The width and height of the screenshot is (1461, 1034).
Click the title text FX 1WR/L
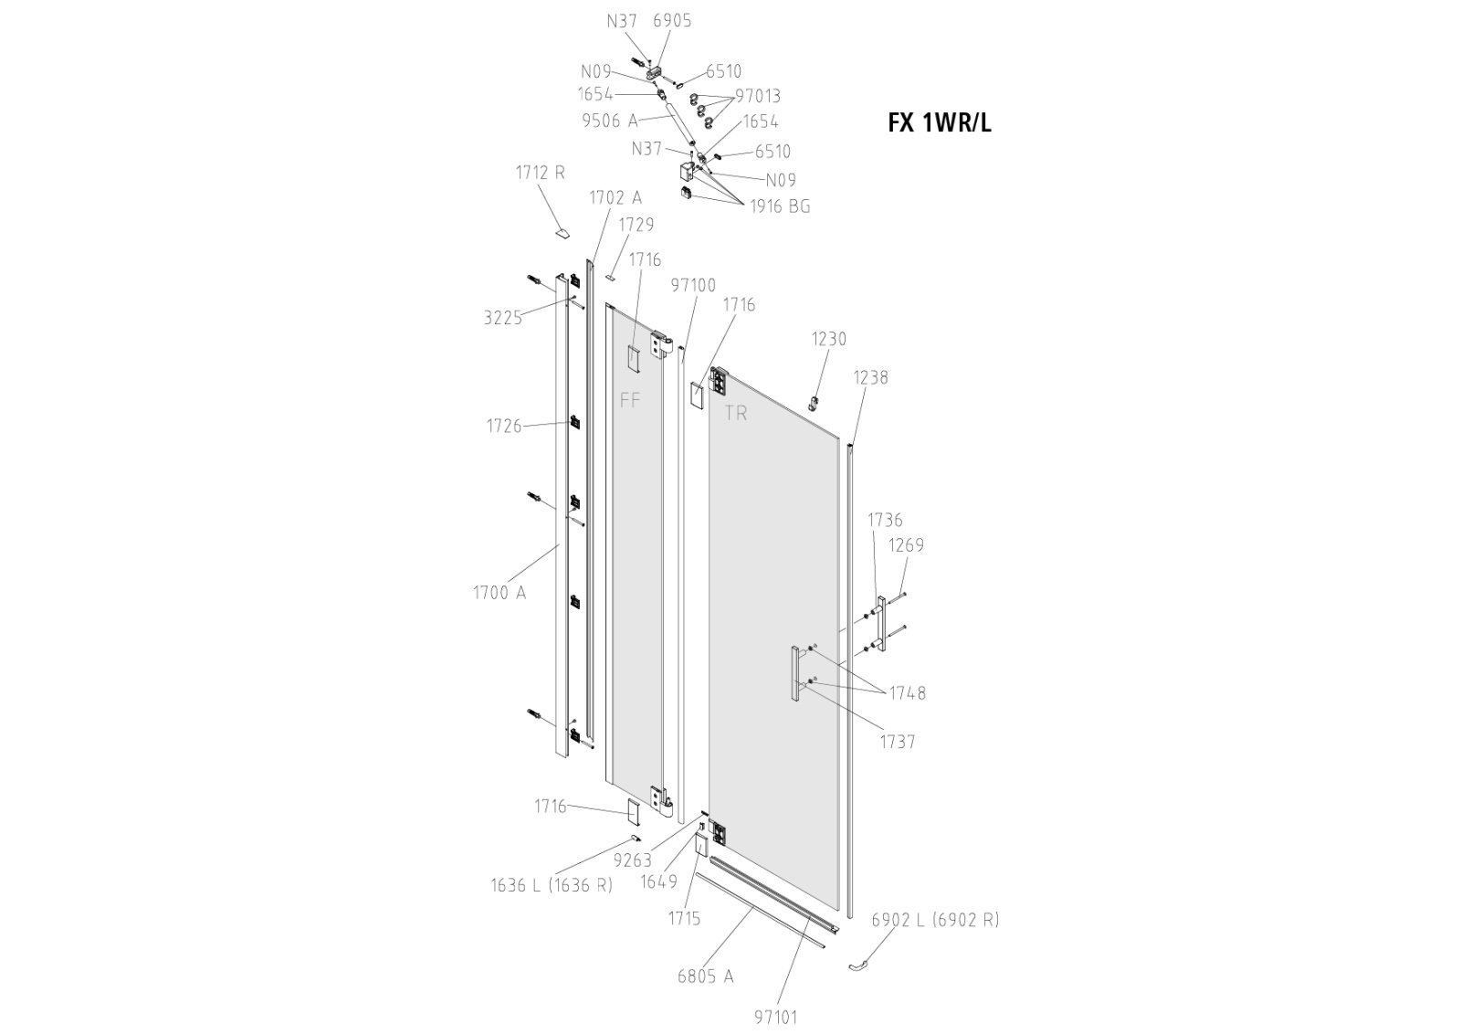(x=939, y=122)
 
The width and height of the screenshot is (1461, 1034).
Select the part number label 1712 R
(x=541, y=172)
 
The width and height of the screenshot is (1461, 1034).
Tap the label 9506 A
(x=610, y=120)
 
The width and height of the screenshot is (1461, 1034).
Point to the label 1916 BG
(x=780, y=206)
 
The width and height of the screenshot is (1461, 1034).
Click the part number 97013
(x=758, y=96)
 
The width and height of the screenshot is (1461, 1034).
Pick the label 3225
(x=502, y=318)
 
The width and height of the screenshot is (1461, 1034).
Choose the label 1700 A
(x=499, y=593)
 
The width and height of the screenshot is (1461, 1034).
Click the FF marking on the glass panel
(x=630, y=400)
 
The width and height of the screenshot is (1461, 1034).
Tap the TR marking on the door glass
(x=736, y=413)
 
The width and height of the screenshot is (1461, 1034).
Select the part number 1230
(x=829, y=339)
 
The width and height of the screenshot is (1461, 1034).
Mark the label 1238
(x=870, y=377)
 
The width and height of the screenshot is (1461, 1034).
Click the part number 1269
(x=906, y=545)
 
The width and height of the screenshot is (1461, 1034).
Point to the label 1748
(x=908, y=693)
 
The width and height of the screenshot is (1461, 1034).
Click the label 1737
(x=897, y=742)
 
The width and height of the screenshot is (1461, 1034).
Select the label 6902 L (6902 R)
(x=935, y=920)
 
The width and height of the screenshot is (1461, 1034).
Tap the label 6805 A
(x=705, y=976)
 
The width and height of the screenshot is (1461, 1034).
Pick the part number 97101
(x=776, y=1017)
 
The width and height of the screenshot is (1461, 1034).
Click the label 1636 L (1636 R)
(x=552, y=885)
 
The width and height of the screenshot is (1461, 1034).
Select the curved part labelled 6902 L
(x=859, y=965)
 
